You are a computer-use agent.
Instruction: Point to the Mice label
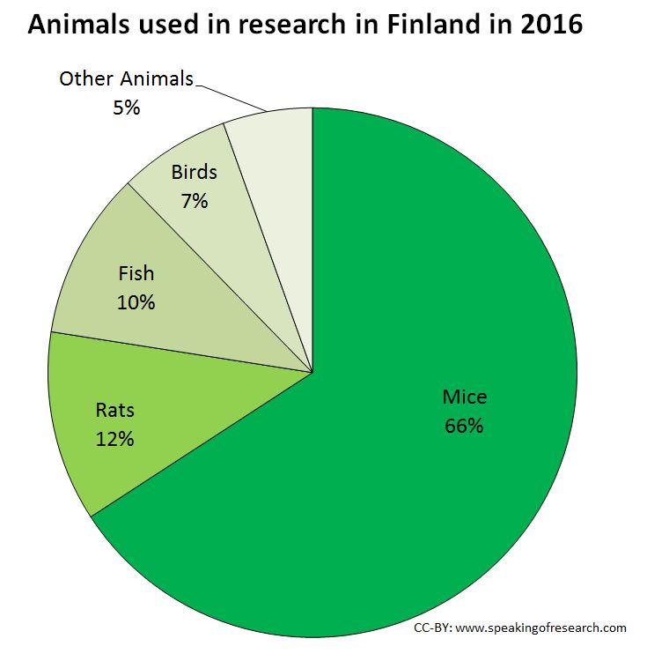pos(464,397)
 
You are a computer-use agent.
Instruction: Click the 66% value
pos(464,425)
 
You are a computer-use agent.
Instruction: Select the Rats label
pos(114,410)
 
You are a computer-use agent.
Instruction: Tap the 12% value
pos(114,438)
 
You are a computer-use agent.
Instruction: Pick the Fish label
pos(136,273)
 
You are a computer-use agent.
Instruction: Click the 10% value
pos(136,302)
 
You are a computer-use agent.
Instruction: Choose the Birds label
pos(194,172)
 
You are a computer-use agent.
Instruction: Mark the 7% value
pos(194,200)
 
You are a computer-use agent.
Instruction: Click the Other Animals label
pos(126,78)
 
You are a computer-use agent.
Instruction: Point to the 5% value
pos(126,108)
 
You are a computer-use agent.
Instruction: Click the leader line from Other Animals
pos(231,96)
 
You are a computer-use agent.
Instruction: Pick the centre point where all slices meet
pos(312,373)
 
